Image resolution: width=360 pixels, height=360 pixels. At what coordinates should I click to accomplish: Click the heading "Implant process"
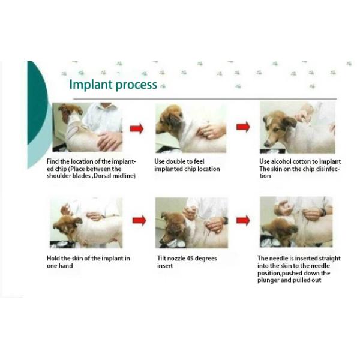113,85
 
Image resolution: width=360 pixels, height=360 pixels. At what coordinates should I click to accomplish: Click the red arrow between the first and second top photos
137,128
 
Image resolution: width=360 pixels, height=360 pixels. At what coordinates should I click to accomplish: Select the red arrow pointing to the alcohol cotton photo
243,127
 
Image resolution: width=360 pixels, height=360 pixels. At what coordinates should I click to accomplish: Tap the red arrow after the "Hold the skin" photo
139,221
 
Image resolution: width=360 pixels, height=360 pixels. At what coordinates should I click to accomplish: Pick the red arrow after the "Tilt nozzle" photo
243,220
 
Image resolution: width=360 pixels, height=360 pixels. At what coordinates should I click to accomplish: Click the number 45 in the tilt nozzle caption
190,258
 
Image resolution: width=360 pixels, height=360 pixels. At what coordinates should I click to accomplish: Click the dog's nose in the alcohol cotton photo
266,145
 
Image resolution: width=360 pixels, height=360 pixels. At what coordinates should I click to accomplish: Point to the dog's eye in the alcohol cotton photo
276,130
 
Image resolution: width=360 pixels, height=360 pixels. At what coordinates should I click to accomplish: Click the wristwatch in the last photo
324,212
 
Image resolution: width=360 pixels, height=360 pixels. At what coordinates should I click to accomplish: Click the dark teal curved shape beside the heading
37,101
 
